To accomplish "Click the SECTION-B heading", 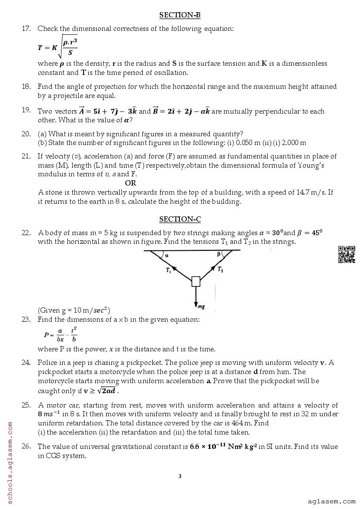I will [x=180, y=15].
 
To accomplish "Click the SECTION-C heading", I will [x=180, y=219].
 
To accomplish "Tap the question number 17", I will [x=26, y=29].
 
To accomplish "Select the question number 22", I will [x=26, y=233].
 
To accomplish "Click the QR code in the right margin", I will [x=347, y=254].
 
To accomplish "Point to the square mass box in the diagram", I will [x=196, y=281].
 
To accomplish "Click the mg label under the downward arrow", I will [x=201, y=307].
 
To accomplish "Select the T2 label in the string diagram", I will [x=221, y=270].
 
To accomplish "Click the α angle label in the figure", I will [x=167, y=256].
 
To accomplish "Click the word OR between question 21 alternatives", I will [x=131, y=183].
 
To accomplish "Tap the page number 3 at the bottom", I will [x=180, y=476].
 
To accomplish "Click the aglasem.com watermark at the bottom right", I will [x=331, y=501].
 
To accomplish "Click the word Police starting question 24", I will [x=47, y=363].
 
